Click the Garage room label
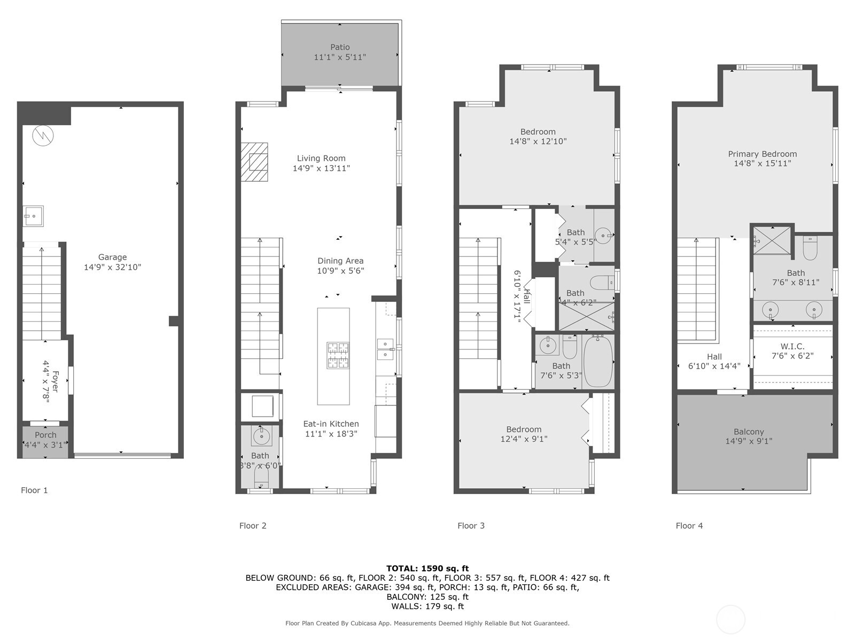click(x=112, y=257)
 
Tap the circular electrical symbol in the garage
click(x=43, y=136)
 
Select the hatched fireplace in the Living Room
click(x=254, y=162)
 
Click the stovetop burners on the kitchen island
click(x=338, y=355)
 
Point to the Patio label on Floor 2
click(x=340, y=47)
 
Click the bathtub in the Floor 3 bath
click(x=598, y=362)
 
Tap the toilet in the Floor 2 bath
click(x=261, y=476)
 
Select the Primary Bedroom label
click(x=762, y=154)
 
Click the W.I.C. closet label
click(x=792, y=346)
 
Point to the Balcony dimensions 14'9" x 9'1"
click(x=749, y=441)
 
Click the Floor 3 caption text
click(x=471, y=526)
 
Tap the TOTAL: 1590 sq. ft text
click(x=427, y=568)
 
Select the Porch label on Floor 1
click(x=45, y=435)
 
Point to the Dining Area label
click(x=340, y=261)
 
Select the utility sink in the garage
click(x=33, y=216)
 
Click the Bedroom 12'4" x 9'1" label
click(x=524, y=429)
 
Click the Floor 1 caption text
click(x=34, y=490)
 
